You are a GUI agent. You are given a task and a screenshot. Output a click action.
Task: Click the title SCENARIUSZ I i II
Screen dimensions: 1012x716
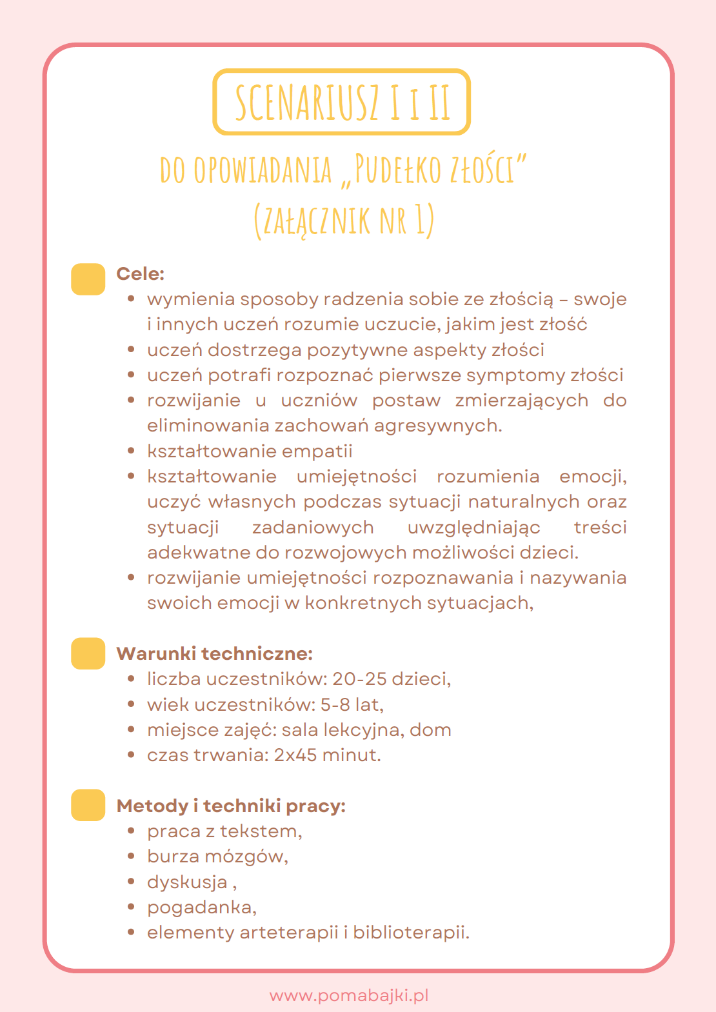pos(342,102)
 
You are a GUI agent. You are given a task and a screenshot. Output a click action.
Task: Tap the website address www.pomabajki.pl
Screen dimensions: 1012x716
pos(349,995)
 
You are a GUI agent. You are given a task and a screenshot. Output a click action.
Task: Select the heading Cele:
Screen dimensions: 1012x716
pos(140,273)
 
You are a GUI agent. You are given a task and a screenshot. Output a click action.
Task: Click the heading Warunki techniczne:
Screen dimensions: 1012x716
pos(214,653)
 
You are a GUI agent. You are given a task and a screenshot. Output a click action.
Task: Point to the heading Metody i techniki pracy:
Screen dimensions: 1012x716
pos(231,806)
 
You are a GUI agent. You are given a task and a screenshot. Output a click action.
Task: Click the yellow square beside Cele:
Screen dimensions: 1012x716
pos(88,279)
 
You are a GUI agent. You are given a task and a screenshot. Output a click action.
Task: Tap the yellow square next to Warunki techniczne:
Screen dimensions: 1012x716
pos(88,653)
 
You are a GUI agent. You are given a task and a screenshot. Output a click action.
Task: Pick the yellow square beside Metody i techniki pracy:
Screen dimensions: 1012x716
pos(88,805)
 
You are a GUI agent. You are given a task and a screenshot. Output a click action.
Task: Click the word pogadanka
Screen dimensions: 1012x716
pos(200,908)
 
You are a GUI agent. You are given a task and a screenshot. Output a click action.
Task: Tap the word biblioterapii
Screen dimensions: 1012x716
pos(410,933)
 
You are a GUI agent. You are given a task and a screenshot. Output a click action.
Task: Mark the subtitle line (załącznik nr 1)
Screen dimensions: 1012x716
pos(344,219)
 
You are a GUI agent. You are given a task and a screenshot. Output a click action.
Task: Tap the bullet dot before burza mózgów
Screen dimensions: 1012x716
pos(132,857)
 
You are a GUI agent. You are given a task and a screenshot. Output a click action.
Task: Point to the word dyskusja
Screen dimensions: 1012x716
pos(187,882)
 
